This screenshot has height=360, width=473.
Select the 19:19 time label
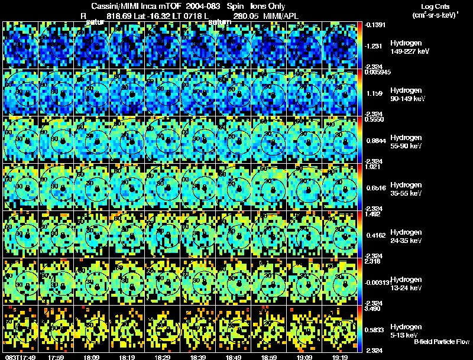pos(339,356)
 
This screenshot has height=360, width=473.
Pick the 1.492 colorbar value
pos(372,215)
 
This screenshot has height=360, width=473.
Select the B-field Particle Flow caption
pos(442,342)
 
